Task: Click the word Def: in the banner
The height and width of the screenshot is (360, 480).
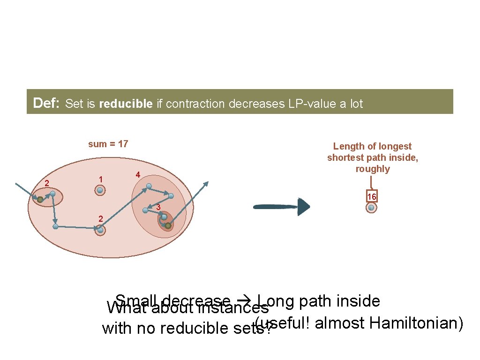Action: tap(46, 103)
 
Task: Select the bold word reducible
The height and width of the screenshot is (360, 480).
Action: tap(126, 104)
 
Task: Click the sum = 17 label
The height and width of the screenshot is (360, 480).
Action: tap(108, 144)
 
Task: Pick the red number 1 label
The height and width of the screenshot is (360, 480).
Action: tap(100, 179)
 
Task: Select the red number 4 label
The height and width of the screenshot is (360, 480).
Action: tap(137, 175)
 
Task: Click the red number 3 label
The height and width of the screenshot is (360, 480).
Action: tap(158, 207)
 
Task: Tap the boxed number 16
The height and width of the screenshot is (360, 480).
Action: tap(372, 197)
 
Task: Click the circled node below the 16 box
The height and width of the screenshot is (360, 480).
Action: tap(371, 208)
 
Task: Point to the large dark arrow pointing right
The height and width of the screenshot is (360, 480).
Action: tap(282, 207)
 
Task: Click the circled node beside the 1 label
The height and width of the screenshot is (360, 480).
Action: tap(100, 191)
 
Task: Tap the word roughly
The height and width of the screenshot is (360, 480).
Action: tap(372, 169)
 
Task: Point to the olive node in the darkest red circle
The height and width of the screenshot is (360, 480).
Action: tap(167, 225)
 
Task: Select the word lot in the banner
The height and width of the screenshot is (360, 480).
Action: tap(355, 104)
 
